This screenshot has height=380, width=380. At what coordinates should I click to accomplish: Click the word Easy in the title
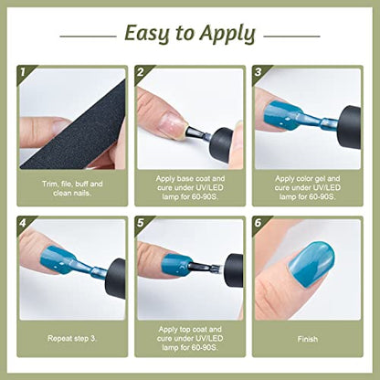[147, 34]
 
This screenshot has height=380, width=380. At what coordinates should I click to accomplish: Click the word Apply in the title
[227, 34]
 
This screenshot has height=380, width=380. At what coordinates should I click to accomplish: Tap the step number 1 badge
[22, 73]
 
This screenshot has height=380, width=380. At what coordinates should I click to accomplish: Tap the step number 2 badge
[140, 72]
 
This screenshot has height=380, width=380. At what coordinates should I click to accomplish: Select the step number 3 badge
[258, 72]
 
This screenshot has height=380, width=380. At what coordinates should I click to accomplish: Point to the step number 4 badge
[22, 223]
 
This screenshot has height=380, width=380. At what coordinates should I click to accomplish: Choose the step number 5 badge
[140, 223]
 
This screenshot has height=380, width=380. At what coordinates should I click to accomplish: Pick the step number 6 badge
[258, 223]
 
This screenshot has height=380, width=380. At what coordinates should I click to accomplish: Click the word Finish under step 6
[308, 339]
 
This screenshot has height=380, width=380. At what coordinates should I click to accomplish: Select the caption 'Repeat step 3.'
[72, 339]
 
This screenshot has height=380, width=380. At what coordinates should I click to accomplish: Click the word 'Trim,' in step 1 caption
[50, 185]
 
